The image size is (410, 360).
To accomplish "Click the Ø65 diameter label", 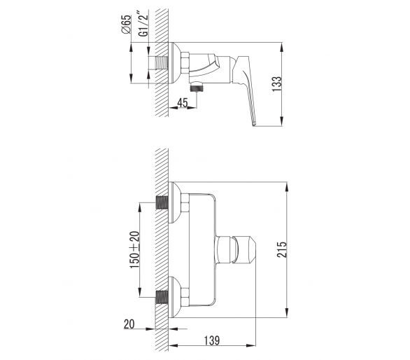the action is click(126, 25).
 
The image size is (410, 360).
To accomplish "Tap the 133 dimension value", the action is click(277, 84).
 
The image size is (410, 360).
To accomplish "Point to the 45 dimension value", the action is click(183, 103).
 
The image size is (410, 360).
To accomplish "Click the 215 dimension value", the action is click(282, 249).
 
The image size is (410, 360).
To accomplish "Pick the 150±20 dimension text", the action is click(135, 250).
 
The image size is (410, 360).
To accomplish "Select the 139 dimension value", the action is click(212, 340).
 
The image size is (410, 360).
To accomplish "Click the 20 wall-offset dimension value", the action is click(129, 324).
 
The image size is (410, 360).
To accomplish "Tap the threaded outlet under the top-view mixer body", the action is click(197, 87).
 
